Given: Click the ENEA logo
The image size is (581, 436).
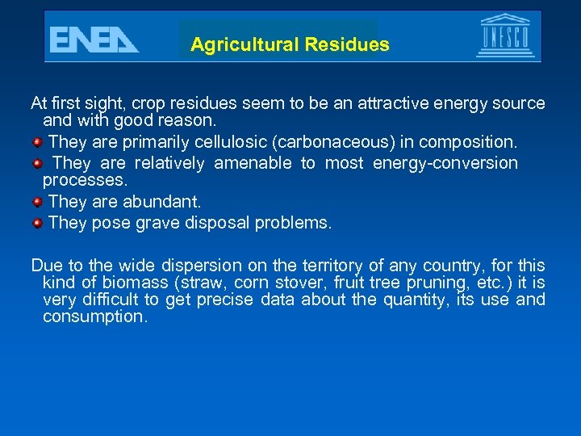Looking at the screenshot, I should [94, 39].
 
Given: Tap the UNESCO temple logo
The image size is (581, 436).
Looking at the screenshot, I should [505, 36].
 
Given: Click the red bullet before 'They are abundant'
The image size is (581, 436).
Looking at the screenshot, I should [37, 200].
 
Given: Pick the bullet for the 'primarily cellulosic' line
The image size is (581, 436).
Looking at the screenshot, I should [37, 142].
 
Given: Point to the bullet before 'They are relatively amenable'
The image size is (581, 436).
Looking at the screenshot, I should [37, 163].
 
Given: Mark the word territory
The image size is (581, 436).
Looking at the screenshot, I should [332, 265].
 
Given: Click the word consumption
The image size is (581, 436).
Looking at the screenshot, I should [95, 317].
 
